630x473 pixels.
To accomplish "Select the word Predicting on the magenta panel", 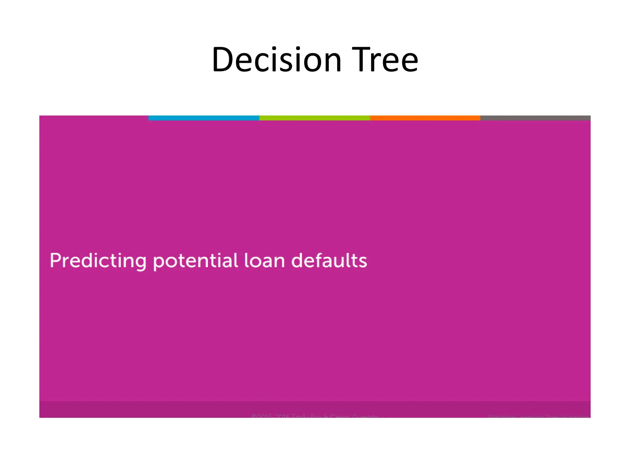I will (x=98, y=261).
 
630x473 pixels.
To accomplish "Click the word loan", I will (x=265, y=261).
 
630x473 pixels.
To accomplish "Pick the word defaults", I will (x=329, y=261).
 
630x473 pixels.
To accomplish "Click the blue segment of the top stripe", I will (x=204, y=118).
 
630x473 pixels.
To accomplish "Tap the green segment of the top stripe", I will (x=314, y=118).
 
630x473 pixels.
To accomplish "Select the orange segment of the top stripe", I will (x=425, y=118).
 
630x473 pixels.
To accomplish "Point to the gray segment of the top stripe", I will (x=535, y=118).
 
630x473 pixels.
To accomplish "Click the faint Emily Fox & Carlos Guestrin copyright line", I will (x=314, y=416).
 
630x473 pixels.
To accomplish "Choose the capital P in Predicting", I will (x=56, y=261).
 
